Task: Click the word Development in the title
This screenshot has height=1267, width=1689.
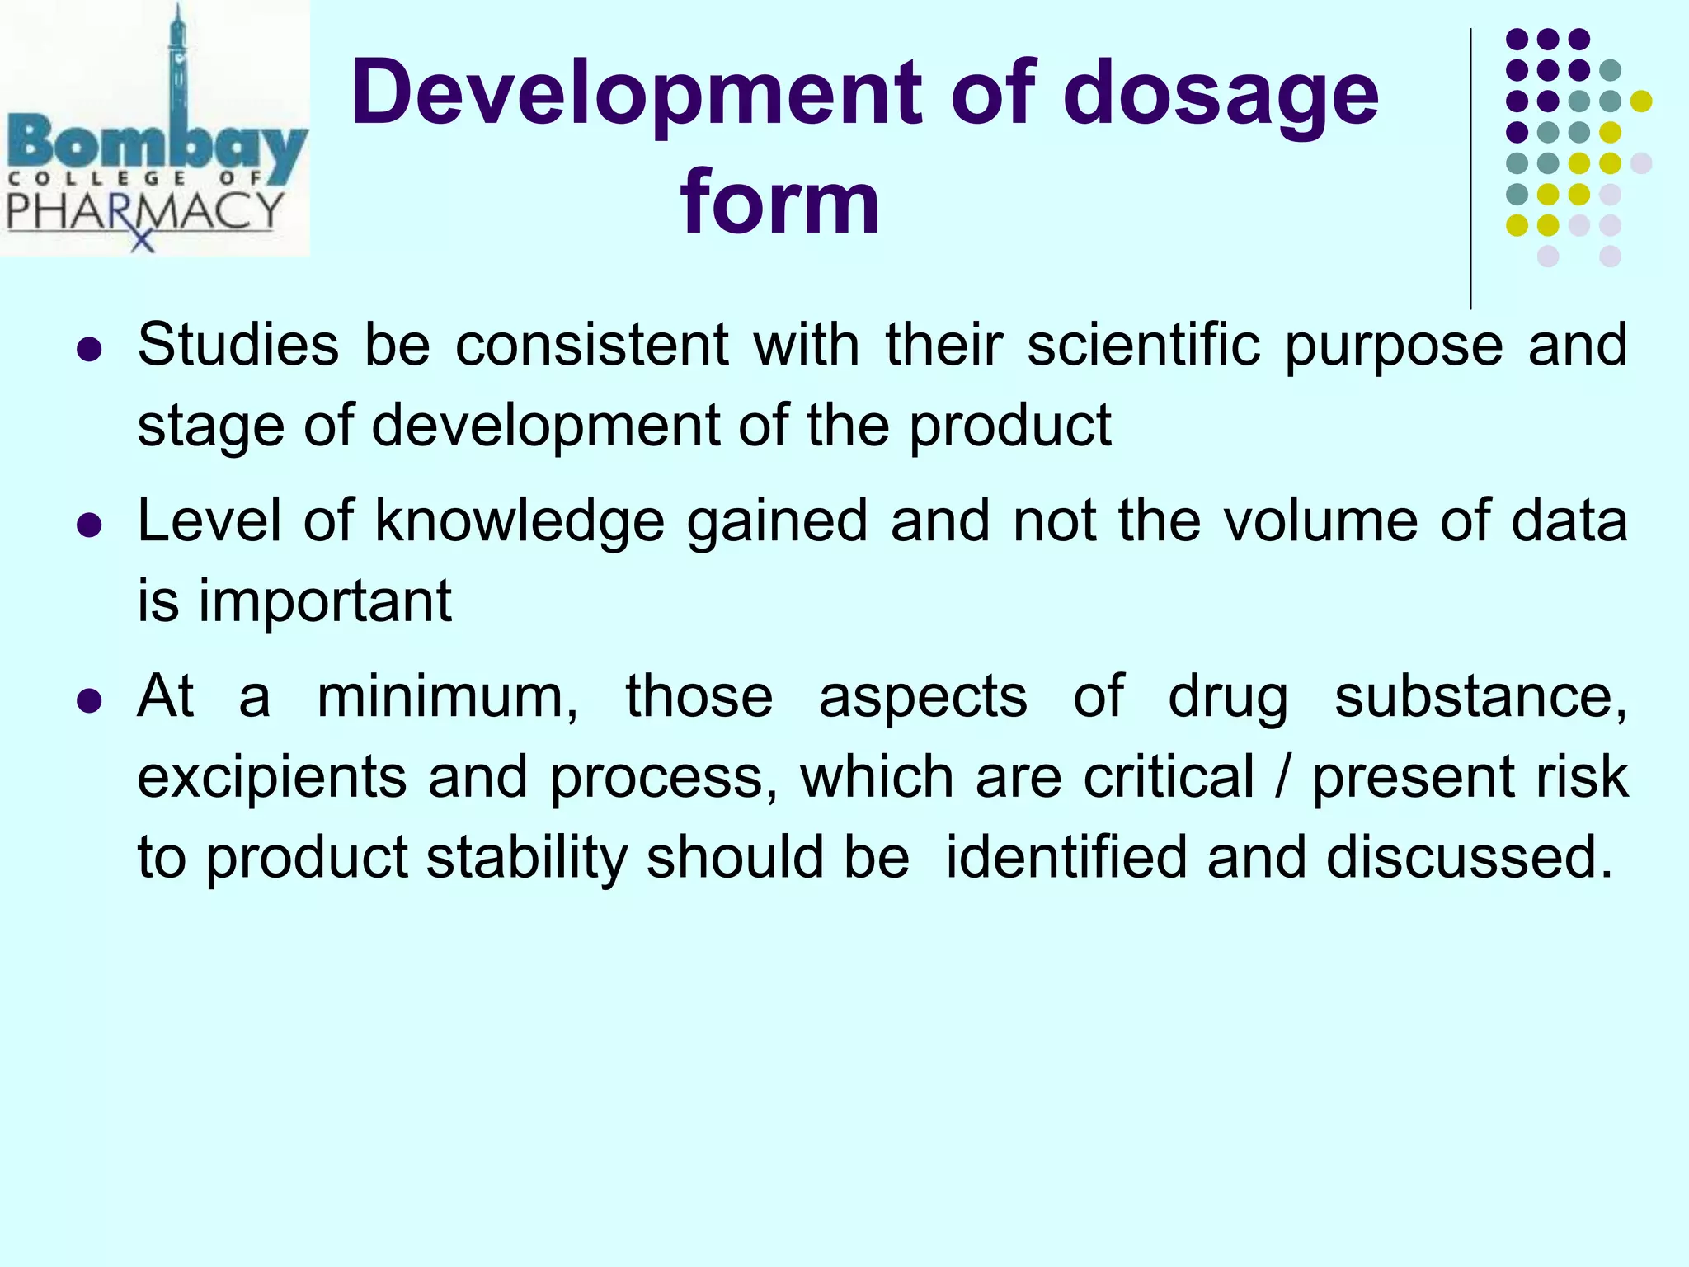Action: [x=635, y=95]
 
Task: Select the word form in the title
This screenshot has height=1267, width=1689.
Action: [x=780, y=202]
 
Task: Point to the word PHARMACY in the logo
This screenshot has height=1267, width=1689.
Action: [x=145, y=211]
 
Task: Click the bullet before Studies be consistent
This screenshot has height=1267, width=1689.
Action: [x=88, y=350]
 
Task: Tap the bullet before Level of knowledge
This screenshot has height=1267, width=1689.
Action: [x=88, y=525]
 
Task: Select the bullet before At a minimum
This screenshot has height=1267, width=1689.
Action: [x=88, y=701]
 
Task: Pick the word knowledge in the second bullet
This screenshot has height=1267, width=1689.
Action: [x=520, y=521]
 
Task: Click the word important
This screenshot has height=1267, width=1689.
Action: [x=325, y=601]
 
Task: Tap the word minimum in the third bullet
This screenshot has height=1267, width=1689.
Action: [x=445, y=697]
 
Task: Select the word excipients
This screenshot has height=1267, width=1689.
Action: [x=271, y=778]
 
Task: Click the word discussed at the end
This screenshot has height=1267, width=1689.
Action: [x=1468, y=857]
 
